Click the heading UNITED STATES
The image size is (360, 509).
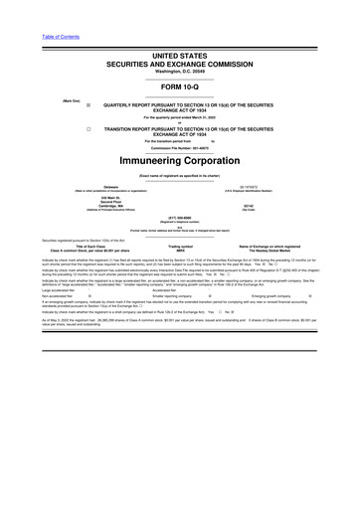pos(180,57)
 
